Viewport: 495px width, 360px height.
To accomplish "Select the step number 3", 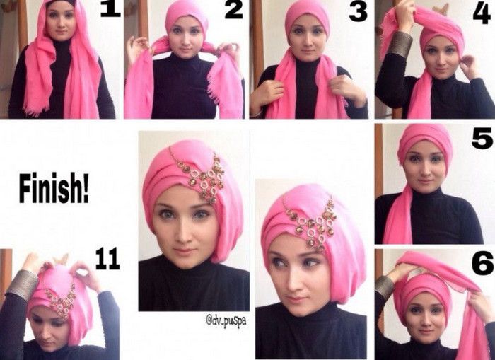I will tap(358, 13).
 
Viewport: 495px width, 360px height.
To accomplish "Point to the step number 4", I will tap(482, 13).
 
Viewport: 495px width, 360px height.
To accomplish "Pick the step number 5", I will tap(482, 139).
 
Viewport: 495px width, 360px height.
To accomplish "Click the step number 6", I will tap(482, 264).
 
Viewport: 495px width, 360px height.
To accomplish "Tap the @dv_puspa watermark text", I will tap(226, 320).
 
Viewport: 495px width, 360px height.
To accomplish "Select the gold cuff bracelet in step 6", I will tap(384, 287).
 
